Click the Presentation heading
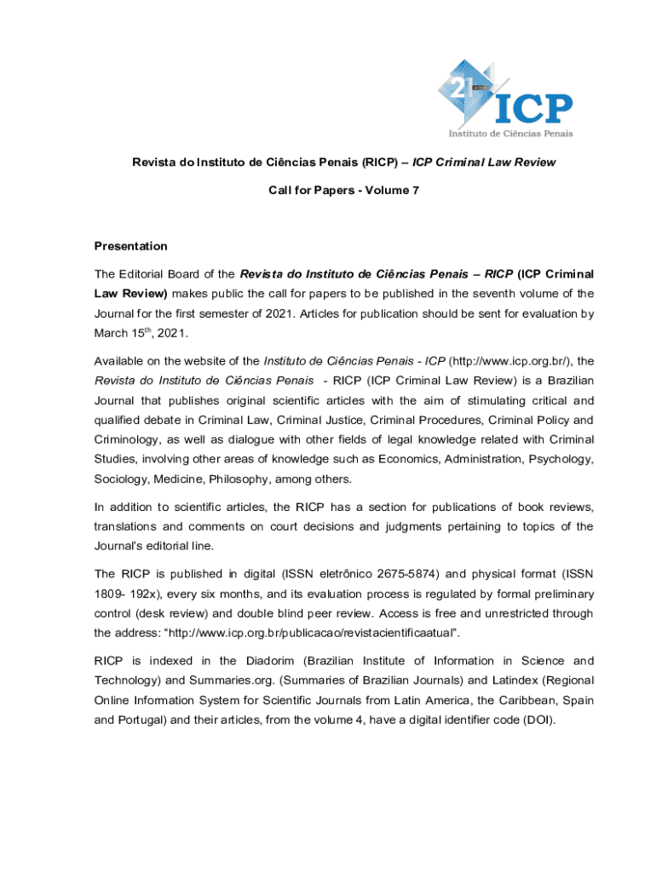pyautogui.click(x=130, y=246)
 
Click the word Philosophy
pyautogui.click(x=256, y=479)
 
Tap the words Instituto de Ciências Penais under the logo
pyautogui.click(x=511, y=133)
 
